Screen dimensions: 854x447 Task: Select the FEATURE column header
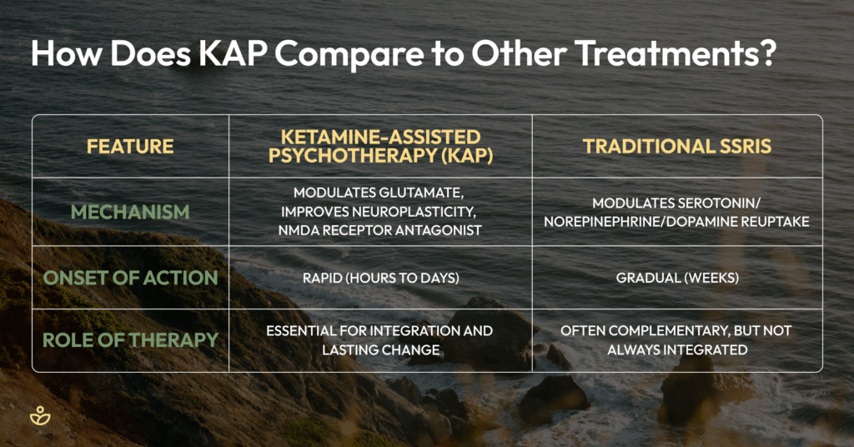(130, 147)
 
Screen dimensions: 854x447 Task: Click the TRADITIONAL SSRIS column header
(677, 147)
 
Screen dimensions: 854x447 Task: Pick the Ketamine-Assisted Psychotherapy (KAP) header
(380, 146)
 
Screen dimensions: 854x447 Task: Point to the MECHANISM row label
(130, 212)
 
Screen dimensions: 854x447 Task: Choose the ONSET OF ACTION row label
(130, 278)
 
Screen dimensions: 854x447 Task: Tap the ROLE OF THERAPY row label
(130, 340)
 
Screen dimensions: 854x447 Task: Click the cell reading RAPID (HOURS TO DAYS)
(380, 279)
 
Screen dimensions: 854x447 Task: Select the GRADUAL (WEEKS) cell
(677, 279)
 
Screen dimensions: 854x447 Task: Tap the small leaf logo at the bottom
(40, 416)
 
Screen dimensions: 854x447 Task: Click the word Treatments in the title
(665, 53)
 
